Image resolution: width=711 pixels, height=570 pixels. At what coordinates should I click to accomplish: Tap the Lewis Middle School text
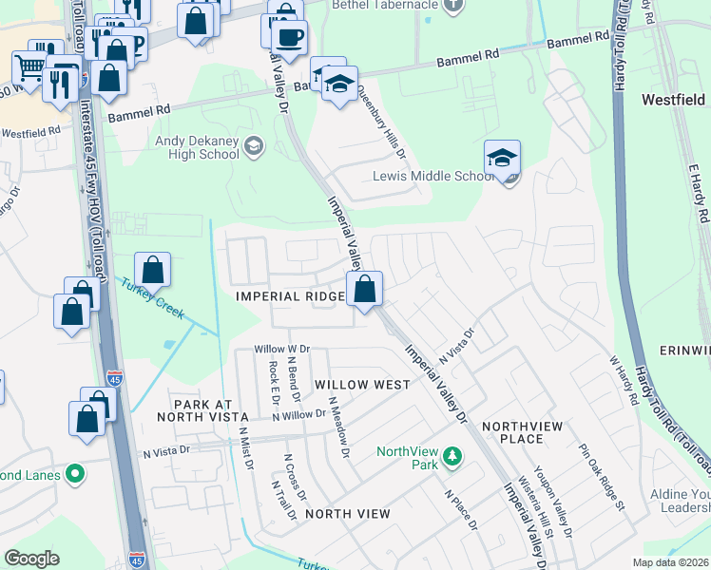tap(432, 176)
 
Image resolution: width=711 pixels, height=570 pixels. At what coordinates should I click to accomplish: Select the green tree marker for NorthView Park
tap(453, 458)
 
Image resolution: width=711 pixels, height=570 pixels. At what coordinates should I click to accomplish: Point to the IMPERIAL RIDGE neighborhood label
tap(290, 296)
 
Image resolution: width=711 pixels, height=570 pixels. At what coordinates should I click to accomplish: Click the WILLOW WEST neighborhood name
tap(362, 385)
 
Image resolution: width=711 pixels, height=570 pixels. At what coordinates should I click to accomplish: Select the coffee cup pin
tap(289, 39)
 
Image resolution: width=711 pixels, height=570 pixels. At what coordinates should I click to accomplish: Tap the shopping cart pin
tap(29, 67)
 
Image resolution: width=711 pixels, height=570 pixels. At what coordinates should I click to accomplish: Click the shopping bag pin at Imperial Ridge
tap(364, 289)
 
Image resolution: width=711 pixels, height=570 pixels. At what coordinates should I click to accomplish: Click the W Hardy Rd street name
tap(623, 381)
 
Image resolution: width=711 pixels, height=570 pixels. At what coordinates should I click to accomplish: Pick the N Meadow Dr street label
tap(340, 427)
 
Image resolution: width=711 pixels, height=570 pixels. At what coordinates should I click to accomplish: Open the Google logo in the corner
tap(31, 559)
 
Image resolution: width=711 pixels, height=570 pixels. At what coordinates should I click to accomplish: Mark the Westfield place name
tap(673, 100)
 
